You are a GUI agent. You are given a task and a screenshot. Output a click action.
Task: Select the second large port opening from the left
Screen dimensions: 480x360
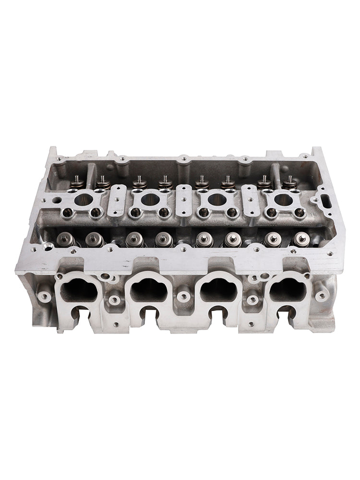click(x=148, y=289)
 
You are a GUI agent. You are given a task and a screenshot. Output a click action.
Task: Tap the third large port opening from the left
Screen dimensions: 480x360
click(x=218, y=289)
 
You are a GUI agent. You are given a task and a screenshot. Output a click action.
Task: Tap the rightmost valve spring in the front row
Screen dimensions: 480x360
click(x=301, y=239)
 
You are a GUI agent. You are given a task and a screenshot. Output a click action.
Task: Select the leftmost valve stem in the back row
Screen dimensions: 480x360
click(x=76, y=181)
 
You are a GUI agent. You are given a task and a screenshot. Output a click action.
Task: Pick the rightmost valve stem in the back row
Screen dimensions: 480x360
click(x=290, y=181)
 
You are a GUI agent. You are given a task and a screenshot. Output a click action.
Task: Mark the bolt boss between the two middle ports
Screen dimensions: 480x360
click(x=183, y=294)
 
